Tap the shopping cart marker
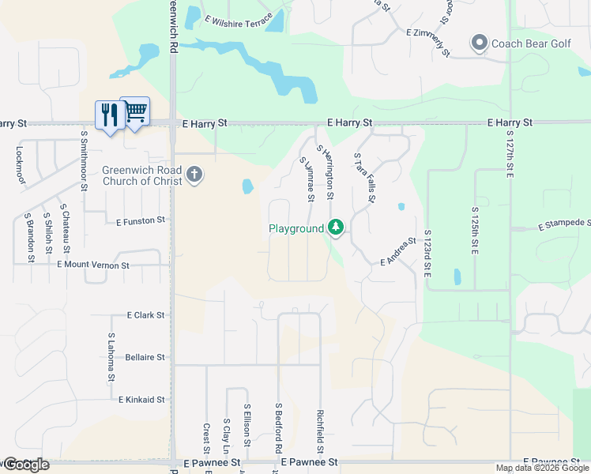click(x=135, y=111)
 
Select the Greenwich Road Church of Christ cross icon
click(x=194, y=175)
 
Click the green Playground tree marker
click(x=336, y=228)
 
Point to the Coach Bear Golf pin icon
click(x=478, y=43)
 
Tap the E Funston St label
click(x=140, y=221)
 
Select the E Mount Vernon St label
click(x=93, y=265)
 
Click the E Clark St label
click(x=145, y=314)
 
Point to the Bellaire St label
click(x=145, y=357)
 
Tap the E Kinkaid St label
click(x=141, y=400)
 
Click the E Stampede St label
click(x=564, y=224)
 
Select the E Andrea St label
click(x=397, y=251)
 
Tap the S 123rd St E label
click(x=427, y=253)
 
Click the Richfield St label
click(x=320, y=431)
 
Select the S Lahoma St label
click(x=111, y=357)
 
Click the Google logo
click(x=26, y=465)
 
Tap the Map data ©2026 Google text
click(x=541, y=468)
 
